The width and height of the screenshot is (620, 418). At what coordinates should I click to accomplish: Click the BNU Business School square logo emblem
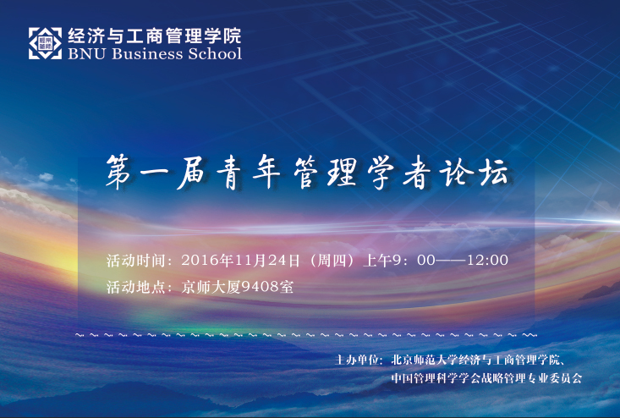tap(45, 43)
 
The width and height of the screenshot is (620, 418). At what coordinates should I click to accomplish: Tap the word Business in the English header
tap(147, 53)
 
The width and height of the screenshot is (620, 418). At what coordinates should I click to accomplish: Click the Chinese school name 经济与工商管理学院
tap(155, 36)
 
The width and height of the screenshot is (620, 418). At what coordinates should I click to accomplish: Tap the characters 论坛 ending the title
tap(475, 173)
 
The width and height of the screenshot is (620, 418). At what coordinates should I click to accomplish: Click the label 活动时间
tap(135, 261)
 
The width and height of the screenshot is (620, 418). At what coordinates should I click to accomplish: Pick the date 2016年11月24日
tap(240, 261)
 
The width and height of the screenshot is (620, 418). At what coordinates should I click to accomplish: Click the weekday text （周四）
tap(332, 261)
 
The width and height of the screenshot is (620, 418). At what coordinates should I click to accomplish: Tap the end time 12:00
tap(487, 261)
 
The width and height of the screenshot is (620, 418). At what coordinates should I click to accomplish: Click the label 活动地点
tap(135, 287)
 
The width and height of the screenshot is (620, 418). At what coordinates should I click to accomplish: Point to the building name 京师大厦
tap(211, 287)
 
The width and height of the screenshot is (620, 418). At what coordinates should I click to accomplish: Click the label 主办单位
tap(356, 360)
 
